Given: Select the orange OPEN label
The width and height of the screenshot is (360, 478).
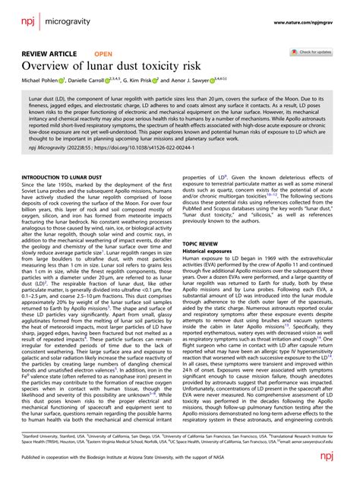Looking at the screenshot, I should coord(103,55).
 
